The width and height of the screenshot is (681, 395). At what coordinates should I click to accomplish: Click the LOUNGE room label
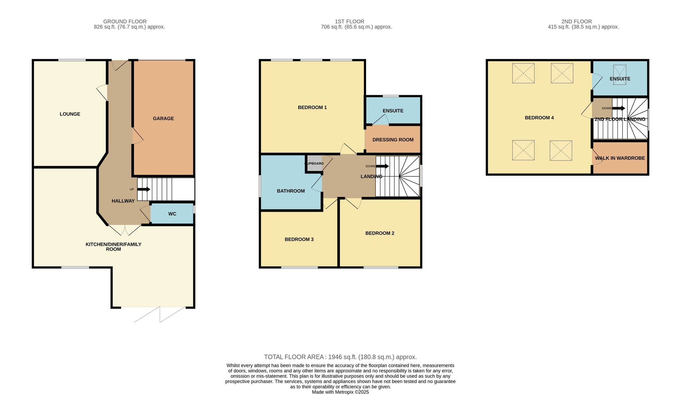click(x=70, y=114)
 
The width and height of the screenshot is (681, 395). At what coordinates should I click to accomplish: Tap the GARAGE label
click(x=163, y=118)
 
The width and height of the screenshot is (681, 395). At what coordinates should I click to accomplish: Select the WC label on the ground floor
click(x=172, y=214)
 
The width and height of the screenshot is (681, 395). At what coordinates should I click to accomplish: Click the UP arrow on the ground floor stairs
click(x=144, y=189)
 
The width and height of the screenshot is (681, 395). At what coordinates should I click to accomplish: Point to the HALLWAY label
click(x=123, y=201)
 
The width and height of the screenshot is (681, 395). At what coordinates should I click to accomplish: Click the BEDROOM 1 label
click(x=312, y=107)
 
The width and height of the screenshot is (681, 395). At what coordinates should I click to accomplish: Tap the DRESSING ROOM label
click(x=393, y=140)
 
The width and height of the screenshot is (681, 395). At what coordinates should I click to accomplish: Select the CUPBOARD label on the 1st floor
click(x=314, y=164)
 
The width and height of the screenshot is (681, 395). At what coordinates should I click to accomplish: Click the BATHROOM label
click(x=291, y=191)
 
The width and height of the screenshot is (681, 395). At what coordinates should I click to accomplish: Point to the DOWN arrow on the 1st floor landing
click(x=382, y=166)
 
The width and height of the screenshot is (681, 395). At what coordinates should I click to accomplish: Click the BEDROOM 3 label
click(x=299, y=240)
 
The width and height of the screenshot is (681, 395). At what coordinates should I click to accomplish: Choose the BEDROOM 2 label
click(x=380, y=233)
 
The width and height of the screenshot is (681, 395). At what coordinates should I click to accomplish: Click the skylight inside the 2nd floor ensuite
click(x=620, y=75)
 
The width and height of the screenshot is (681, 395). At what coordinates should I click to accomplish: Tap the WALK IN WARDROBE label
click(x=620, y=158)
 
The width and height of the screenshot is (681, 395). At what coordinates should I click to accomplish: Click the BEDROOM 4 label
click(x=539, y=118)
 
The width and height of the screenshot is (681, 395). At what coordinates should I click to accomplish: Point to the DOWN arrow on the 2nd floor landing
click(x=619, y=108)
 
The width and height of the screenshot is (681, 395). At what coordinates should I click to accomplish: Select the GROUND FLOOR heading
click(x=125, y=22)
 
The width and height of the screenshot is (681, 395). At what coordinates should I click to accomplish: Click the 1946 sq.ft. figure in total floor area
click(x=342, y=357)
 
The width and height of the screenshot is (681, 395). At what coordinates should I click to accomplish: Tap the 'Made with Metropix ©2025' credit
click(x=340, y=392)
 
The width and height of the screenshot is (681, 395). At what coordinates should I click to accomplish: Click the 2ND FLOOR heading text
click(x=577, y=22)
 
